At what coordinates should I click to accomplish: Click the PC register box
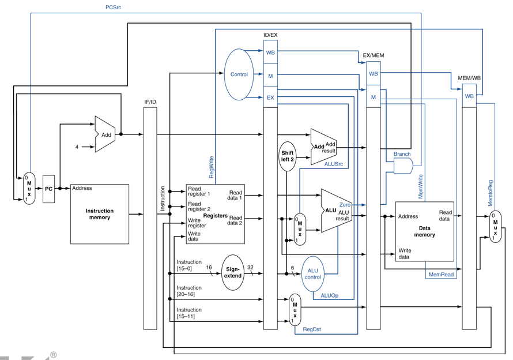49,189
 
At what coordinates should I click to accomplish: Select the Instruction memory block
100,214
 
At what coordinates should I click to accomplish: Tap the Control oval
239,74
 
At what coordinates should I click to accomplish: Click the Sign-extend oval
233,272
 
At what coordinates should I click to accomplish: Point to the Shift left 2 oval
287,156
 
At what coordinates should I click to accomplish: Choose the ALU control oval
313,274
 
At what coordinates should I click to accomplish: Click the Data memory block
425,231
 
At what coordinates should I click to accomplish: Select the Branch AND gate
403,166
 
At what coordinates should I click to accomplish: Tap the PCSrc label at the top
113,7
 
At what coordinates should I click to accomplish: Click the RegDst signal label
312,329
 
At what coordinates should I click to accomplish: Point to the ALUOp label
330,295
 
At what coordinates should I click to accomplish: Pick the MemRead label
441,275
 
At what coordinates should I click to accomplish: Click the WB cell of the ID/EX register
270,52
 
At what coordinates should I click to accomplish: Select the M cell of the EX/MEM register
374,97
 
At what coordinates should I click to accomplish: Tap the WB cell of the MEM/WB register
469,96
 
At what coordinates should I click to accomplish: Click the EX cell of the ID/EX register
270,97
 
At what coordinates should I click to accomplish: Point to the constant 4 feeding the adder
77,147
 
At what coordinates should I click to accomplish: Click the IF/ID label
150,102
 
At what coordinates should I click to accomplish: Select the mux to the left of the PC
29,188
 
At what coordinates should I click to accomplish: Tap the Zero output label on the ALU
345,205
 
